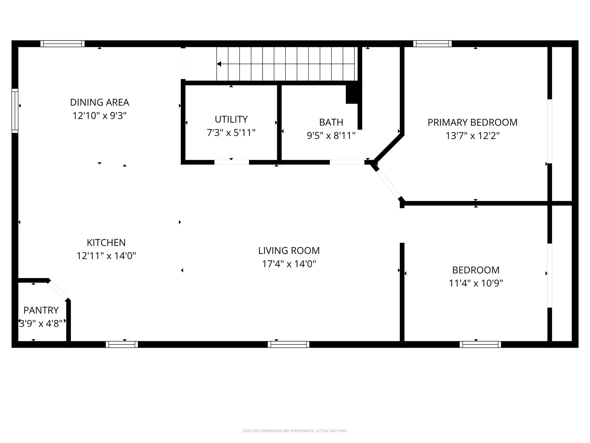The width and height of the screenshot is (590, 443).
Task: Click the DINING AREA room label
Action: click(x=99, y=102)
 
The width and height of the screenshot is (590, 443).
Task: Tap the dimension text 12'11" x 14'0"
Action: click(x=106, y=256)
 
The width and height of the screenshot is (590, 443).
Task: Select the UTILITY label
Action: click(x=231, y=119)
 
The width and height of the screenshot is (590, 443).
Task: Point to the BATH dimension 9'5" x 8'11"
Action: click(x=331, y=136)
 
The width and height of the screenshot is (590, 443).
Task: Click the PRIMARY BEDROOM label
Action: click(x=472, y=123)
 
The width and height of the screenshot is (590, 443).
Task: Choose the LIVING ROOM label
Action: click(x=289, y=251)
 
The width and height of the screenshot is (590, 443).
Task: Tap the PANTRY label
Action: click(x=41, y=310)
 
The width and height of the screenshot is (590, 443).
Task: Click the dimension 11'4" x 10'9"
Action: click(x=476, y=284)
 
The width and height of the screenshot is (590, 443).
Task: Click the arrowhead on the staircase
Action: click(x=219, y=64)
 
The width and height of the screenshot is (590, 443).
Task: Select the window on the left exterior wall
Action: click(x=15, y=111)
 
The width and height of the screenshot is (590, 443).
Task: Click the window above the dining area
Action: click(x=62, y=44)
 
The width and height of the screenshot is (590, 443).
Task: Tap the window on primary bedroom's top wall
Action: click(x=432, y=44)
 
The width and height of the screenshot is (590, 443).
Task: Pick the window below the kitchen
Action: click(x=122, y=344)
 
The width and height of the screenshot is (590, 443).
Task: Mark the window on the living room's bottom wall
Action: click(x=288, y=344)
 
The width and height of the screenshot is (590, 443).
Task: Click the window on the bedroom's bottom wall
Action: click(x=480, y=344)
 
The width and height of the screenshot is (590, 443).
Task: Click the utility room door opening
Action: click(x=231, y=162)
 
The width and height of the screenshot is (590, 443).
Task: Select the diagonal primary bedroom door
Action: click(x=388, y=184)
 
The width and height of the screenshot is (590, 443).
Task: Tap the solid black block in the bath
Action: click(x=352, y=94)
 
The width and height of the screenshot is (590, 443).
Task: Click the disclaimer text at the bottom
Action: click(x=295, y=431)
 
